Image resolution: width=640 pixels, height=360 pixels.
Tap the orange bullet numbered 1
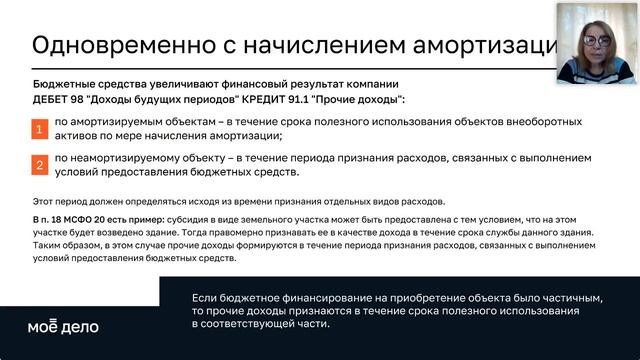coord(39,130)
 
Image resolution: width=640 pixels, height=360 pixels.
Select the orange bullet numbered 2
coord(39,164)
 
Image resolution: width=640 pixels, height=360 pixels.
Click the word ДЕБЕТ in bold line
coord(51,101)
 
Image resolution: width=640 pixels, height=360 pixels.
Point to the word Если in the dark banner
coord(204,299)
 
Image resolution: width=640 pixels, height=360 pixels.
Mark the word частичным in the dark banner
coord(569,299)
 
